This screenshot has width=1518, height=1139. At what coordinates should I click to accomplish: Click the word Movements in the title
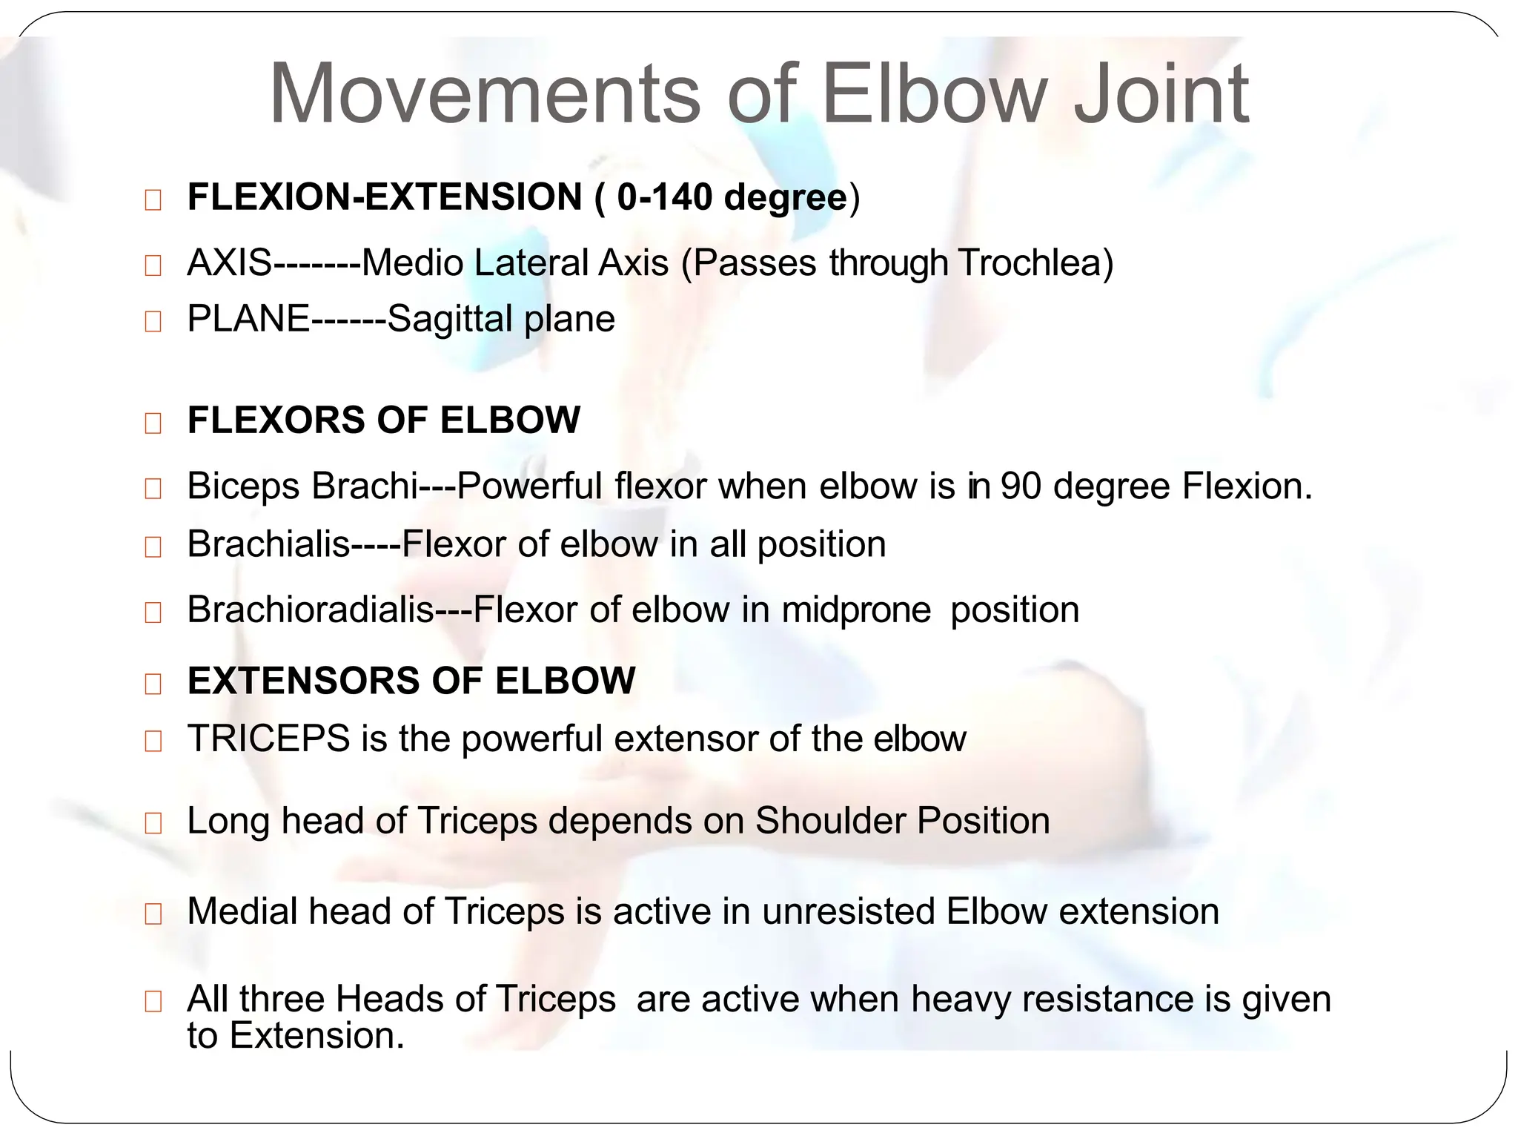tap(484, 95)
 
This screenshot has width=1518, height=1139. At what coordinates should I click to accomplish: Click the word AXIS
tap(230, 263)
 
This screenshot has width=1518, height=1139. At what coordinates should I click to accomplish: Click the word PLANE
tap(248, 320)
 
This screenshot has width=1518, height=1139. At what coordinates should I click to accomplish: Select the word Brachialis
tap(268, 544)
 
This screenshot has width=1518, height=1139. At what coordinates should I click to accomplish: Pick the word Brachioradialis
tap(310, 610)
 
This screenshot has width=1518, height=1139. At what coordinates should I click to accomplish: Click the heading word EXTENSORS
tap(303, 681)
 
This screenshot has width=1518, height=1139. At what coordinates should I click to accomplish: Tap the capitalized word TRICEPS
tap(268, 739)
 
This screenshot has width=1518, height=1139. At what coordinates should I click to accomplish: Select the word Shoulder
tap(829, 821)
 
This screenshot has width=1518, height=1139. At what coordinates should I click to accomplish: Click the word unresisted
tap(848, 911)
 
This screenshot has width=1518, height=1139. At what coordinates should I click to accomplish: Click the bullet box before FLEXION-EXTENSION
tap(153, 200)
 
